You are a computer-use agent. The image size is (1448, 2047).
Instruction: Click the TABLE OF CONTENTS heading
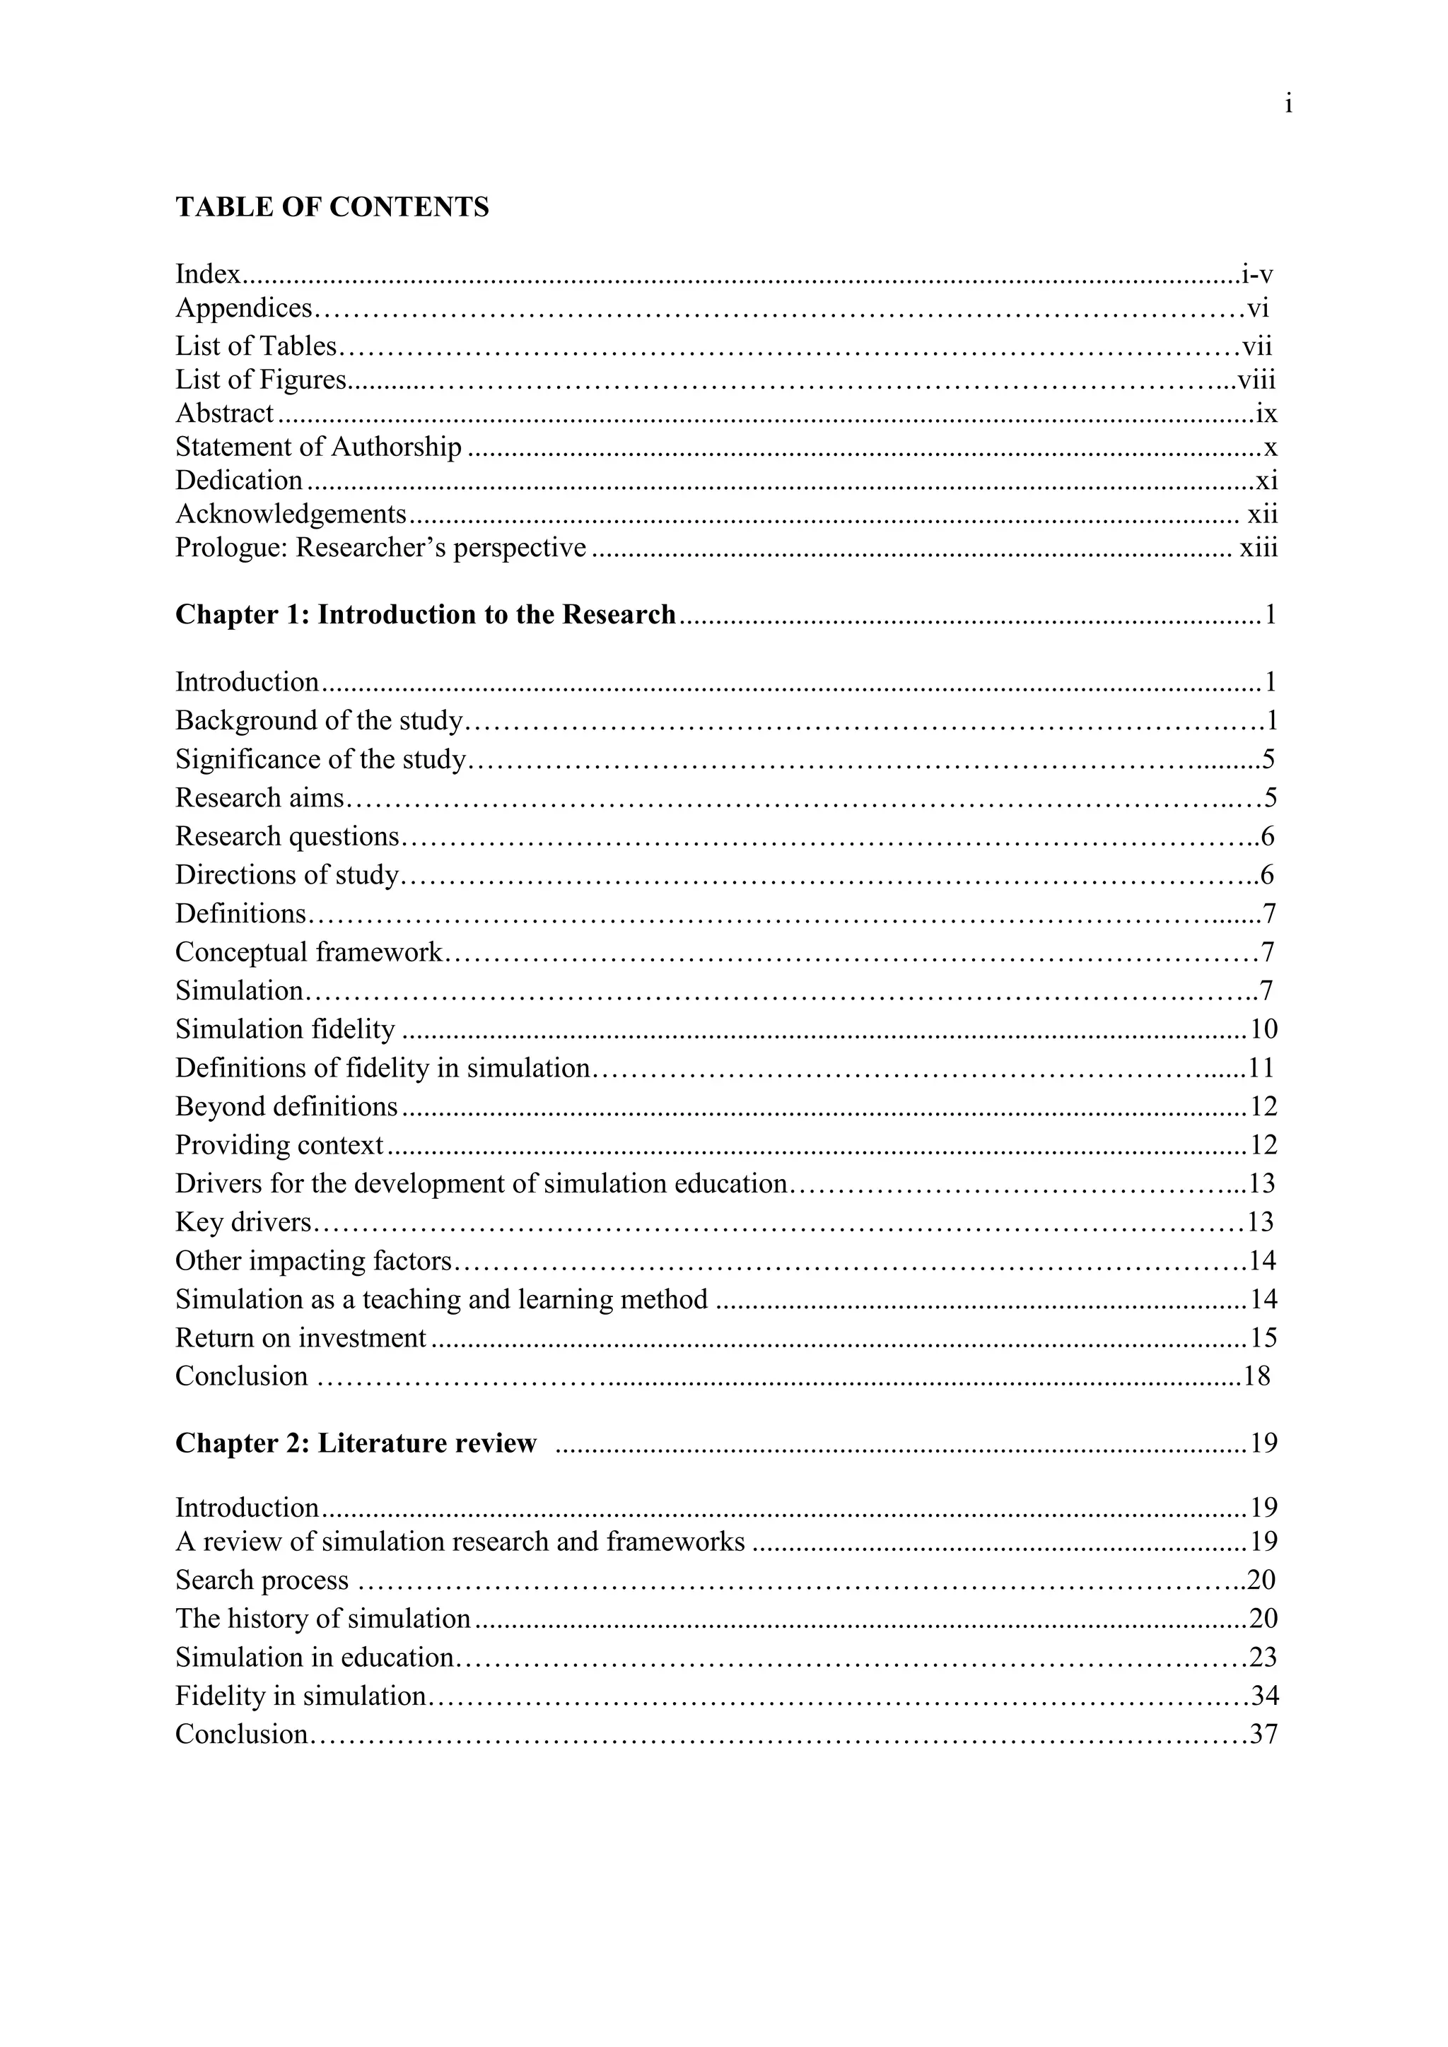[x=332, y=208]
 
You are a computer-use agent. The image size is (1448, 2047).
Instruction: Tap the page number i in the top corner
[x=1288, y=105]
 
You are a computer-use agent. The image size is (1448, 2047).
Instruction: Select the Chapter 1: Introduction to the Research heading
[x=426, y=615]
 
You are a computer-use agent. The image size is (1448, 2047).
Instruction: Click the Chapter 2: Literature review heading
[x=356, y=1443]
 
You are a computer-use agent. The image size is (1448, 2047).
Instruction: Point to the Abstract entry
[x=224, y=413]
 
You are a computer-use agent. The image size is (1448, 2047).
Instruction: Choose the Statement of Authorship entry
[x=318, y=447]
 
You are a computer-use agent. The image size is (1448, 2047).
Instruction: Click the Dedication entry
[x=239, y=481]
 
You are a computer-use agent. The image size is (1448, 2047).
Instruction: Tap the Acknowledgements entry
[x=291, y=515]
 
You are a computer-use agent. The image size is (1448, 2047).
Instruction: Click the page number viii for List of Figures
[x=1256, y=381]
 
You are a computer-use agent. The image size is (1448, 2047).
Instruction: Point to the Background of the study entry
[x=319, y=720]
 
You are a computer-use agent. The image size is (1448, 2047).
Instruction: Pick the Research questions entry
[x=287, y=836]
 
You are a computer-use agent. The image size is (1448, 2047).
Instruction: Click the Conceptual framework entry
[x=308, y=952]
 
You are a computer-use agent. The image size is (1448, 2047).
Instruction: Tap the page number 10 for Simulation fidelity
[x=1263, y=1030]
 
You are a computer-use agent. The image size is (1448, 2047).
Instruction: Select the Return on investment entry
[x=300, y=1338]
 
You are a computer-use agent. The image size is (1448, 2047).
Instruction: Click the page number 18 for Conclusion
[x=1256, y=1376]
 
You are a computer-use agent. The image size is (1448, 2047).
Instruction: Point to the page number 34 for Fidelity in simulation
[x=1264, y=1696]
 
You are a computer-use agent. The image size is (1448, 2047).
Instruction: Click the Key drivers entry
[x=243, y=1222]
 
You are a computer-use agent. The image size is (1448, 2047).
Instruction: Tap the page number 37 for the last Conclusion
[x=1264, y=1734]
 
